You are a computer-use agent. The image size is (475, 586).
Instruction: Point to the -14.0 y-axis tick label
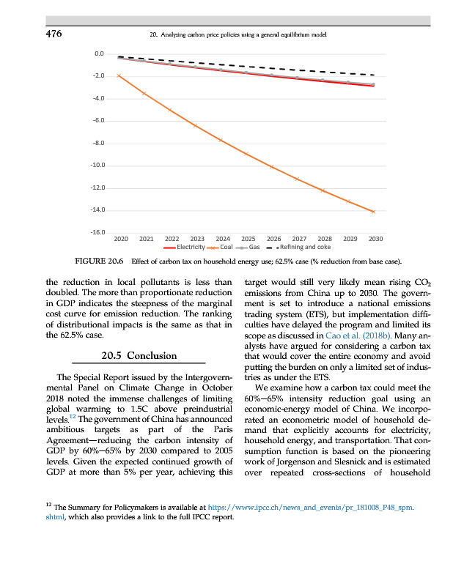(x=96, y=211)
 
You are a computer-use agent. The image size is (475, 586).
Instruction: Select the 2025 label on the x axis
(x=248, y=239)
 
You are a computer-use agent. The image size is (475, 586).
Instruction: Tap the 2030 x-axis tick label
(x=375, y=239)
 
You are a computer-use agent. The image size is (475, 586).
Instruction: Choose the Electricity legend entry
(x=183, y=248)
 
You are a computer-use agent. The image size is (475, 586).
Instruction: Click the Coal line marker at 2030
(x=373, y=212)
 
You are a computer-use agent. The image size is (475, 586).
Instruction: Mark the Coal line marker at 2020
(x=119, y=75)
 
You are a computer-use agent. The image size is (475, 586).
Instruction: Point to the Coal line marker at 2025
(x=246, y=154)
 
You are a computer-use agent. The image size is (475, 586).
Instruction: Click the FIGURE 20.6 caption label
(x=97, y=262)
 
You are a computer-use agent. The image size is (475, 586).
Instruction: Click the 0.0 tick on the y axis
(x=99, y=53)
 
